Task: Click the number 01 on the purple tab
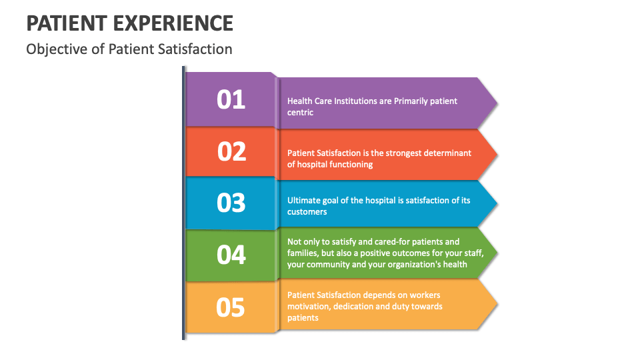coord(231,99)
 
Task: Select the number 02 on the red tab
coord(231,151)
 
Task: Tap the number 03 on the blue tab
coord(231,203)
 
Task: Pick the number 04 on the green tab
coord(231,255)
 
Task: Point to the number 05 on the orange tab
coord(231,307)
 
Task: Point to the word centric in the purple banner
coord(301,112)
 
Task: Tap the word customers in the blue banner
coord(307,211)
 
